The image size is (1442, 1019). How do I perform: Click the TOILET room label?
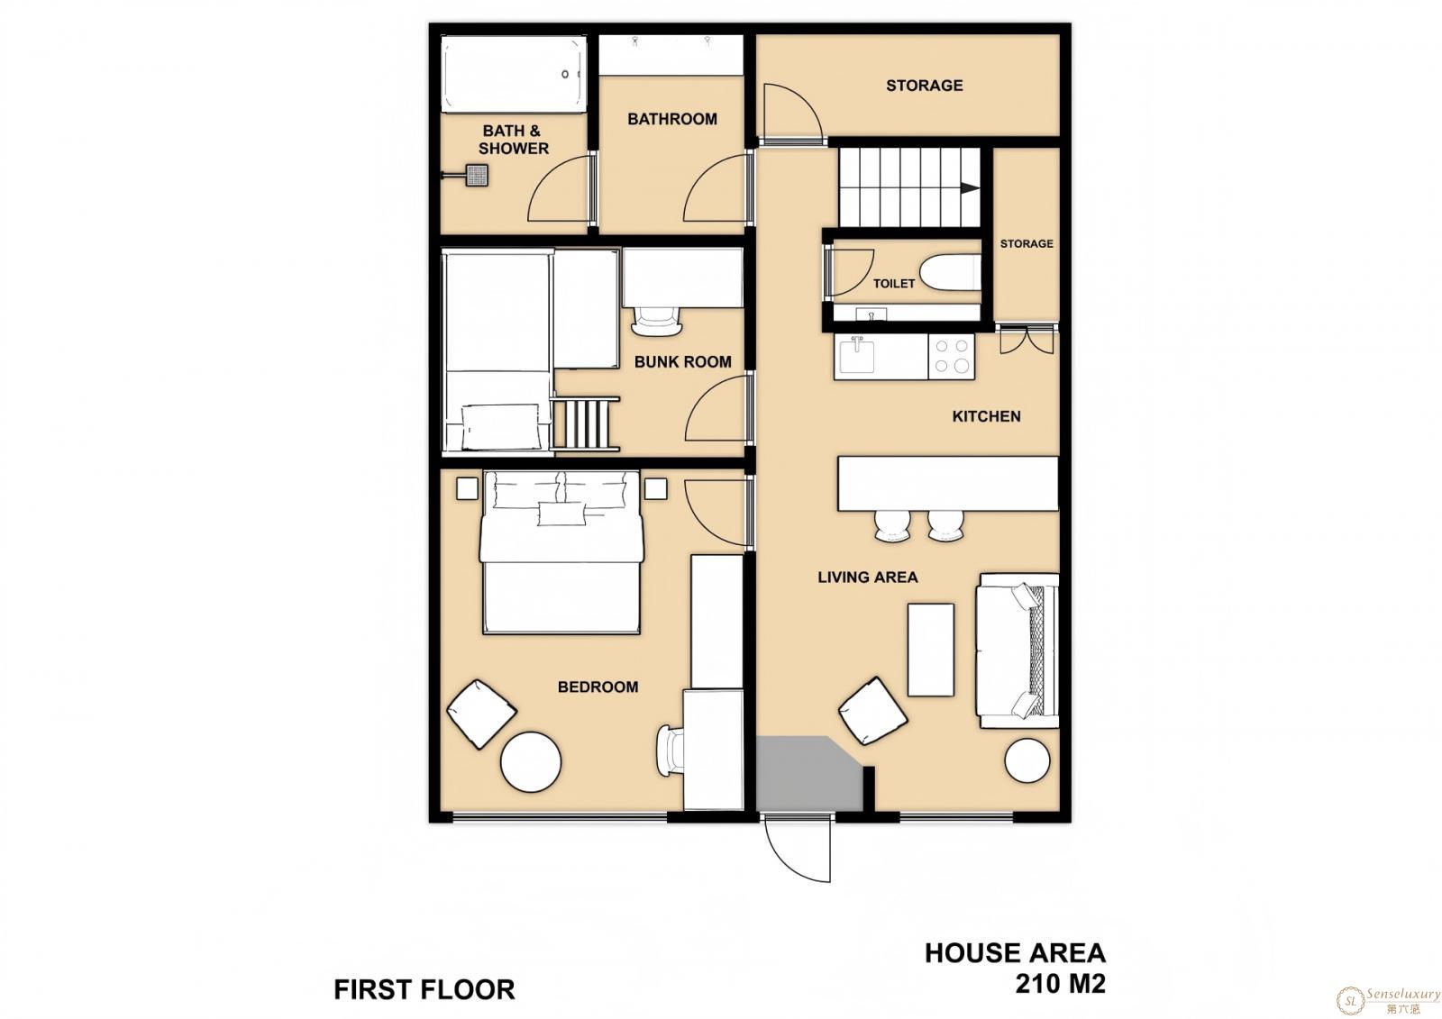pyautogui.click(x=893, y=283)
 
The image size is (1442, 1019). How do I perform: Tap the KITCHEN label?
pyautogui.click(x=986, y=416)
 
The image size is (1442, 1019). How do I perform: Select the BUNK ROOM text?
pyautogui.click(x=682, y=362)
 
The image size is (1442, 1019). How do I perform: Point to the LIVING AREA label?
pyautogui.click(x=867, y=578)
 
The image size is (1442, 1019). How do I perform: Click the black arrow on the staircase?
pyautogui.click(x=970, y=188)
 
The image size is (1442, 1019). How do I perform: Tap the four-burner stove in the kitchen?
pyautogui.click(x=952, y=356)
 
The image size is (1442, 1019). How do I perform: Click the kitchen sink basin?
pyautogui.click(x=857, y=356)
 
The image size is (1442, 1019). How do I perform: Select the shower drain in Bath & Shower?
pyautogui.click(x=477, y=175)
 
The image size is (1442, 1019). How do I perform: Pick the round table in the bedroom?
pyautogui.click(x=531, y=761)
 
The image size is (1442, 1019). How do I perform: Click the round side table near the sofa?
pyautogui.click(x=1027, y=760)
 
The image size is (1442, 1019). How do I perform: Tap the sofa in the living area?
pyautogui.click(x=1018, y=651)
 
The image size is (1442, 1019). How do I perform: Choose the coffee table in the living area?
pyautogui.click(x=930, y=650)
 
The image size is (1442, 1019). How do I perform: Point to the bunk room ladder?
pyautogui.click(x=585, y=423)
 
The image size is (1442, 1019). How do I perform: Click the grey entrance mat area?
pyautogui.click(x=808, y=773)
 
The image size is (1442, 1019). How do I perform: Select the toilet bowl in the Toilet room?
pyautogui.click(x=950, y=273)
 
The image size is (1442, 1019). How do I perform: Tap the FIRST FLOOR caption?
pyautogui.click(x=424, y=990)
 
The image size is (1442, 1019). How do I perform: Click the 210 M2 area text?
pyautogui.click(x=1060, y=983)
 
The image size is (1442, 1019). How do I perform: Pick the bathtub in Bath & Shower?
pyautogui.click(x=514, y=73)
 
